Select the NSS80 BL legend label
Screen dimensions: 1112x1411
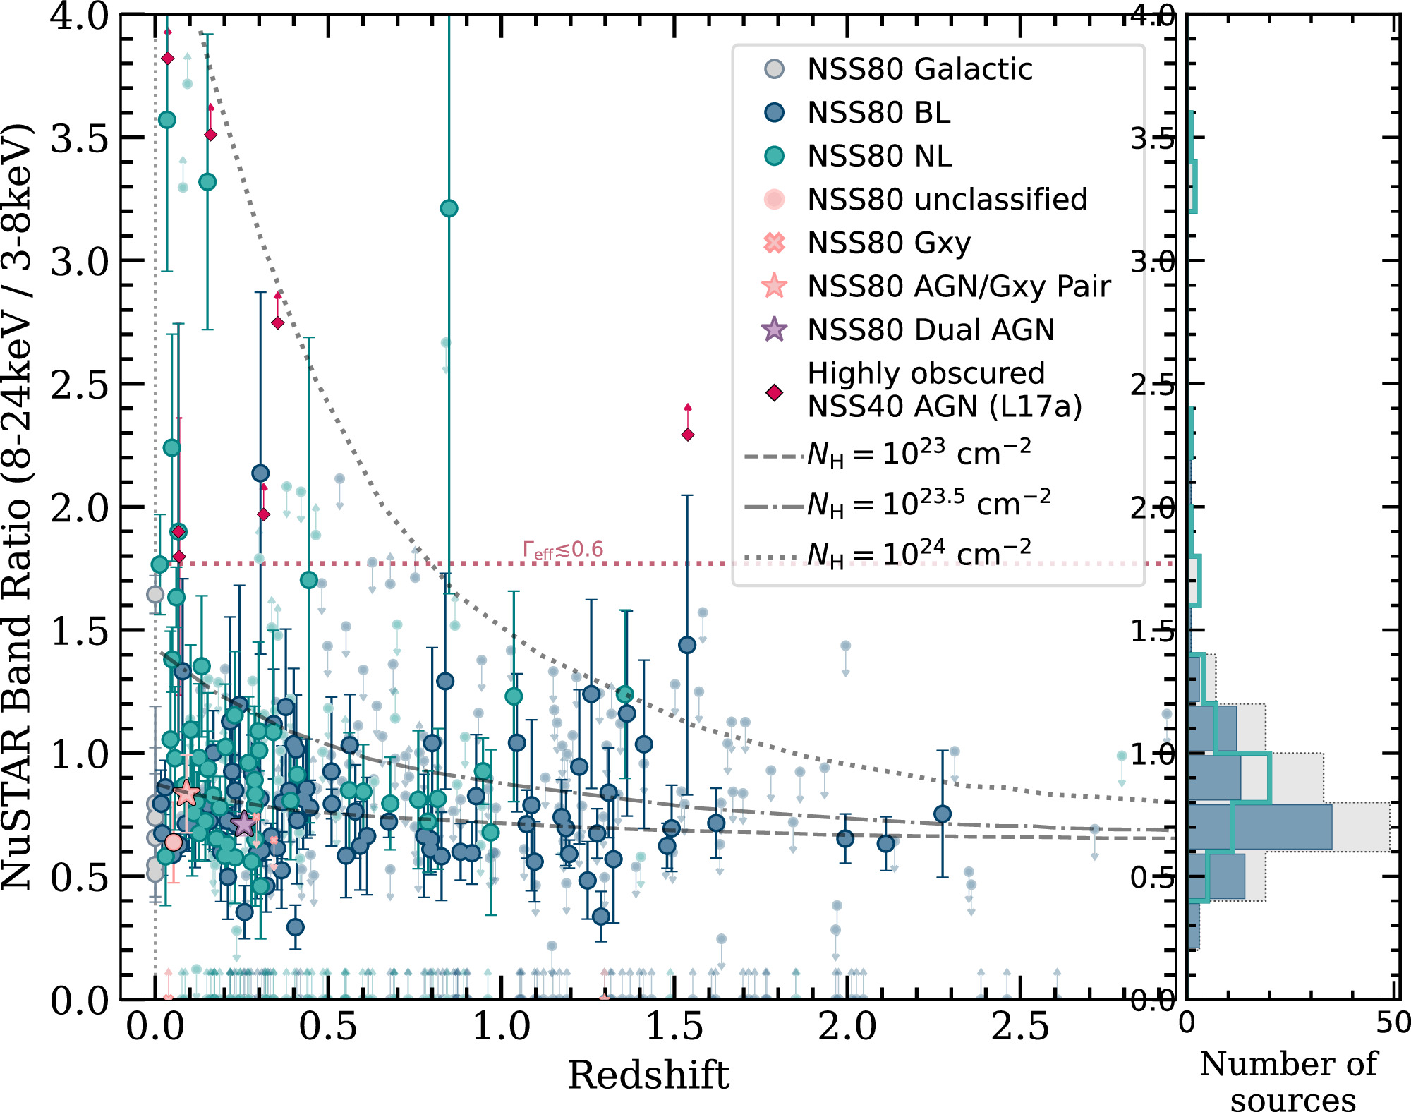[x=878, y=113]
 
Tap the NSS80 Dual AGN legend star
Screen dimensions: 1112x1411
[x=775, y=330]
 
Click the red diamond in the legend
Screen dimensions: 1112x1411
[x=775, y=393]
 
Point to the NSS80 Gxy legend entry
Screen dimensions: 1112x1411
[x=888, y=243]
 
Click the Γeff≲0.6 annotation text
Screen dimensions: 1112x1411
[x=563, y=550]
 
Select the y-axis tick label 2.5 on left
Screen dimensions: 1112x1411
[x=79, y=385]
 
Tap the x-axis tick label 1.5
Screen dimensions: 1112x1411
[x=674, y=1027]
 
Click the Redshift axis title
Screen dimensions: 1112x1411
[x=648, y=1075]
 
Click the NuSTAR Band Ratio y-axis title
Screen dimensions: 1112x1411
[x=17, y=506]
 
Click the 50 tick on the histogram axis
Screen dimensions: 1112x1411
[x=1392, y=1023]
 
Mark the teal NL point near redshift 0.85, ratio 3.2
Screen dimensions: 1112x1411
[x=449, y=209]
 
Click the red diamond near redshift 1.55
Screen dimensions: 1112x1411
[x=688, y=435]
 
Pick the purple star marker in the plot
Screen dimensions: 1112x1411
[x=243, y=823]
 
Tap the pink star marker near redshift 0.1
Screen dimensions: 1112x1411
[x=186, y=793]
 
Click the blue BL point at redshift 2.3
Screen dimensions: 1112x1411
[x=943, y=814]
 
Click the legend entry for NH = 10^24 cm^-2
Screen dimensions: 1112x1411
[x=917, y=554]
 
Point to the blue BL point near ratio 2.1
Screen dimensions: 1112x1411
[x=260, y=473]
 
